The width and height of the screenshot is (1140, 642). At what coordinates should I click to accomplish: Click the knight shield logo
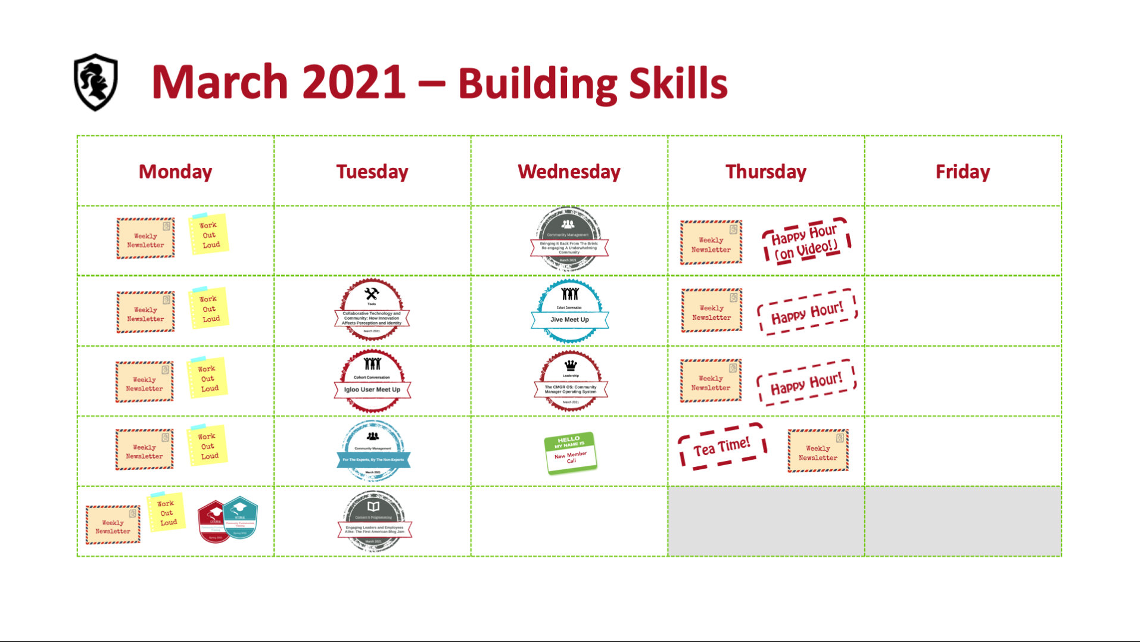coord(95,82)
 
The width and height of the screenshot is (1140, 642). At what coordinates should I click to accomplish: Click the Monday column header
coord(175,172)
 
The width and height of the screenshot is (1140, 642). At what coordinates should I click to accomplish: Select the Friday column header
coord(963,172)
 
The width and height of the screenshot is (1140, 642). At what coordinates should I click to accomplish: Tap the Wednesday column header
coord(569,172)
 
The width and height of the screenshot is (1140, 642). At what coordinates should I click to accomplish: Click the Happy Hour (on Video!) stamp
coord(806,241)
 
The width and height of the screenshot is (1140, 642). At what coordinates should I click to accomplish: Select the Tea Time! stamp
coord(722,446)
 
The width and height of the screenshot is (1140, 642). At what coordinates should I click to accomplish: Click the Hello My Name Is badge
coord(570,453)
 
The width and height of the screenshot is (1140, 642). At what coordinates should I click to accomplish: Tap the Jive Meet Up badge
coord(569,311)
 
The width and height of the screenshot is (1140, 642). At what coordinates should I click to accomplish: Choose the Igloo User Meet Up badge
coord(372,381)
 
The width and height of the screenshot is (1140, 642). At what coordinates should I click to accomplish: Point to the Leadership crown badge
coord(571,382)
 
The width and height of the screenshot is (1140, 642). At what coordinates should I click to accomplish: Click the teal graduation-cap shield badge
coord(241,517)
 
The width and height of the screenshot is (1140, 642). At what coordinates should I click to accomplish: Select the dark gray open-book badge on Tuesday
coord(373,521)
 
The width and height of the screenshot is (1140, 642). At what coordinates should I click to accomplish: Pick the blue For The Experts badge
coord(373,451)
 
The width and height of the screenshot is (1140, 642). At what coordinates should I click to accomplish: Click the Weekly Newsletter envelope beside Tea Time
coord(818,451)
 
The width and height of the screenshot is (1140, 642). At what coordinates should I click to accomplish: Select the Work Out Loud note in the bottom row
coord(166,512)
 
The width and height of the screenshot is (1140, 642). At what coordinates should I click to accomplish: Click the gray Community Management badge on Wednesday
coord(569,238)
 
